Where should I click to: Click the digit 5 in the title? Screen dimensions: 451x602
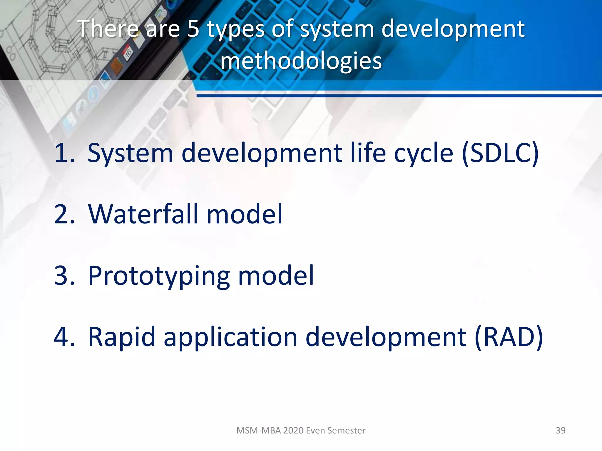[x=193, y=29]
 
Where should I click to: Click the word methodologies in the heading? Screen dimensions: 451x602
[x=301, y=61]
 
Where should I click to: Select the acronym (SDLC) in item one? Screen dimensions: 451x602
[x=500, y=153]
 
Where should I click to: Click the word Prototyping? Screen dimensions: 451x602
[x=159, y=276]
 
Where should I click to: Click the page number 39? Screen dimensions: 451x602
[x=560, y=430]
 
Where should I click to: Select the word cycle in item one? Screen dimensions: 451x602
[x=424, y=154]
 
